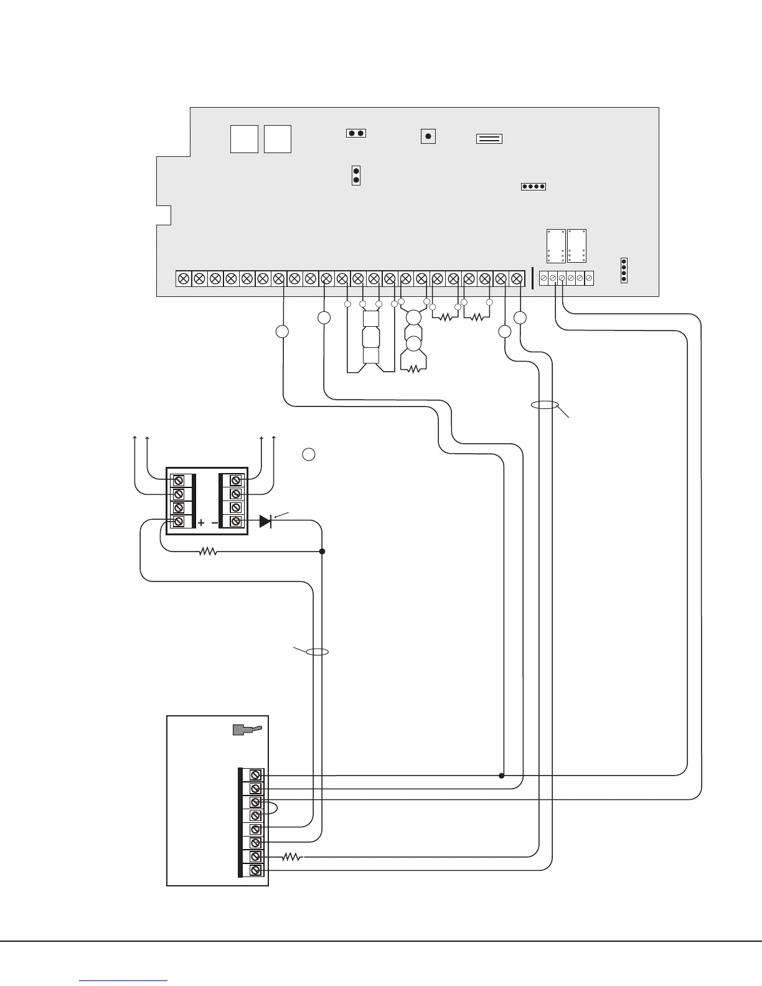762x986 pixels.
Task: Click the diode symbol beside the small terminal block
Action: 265,521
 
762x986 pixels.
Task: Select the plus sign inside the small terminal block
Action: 201,524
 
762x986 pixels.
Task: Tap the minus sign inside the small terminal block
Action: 215,524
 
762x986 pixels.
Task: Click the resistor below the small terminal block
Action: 207,552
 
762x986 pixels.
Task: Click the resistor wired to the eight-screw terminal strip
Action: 291,857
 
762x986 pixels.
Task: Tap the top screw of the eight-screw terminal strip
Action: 255,775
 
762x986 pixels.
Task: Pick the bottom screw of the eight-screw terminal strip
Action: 255,871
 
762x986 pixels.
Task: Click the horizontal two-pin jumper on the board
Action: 356,133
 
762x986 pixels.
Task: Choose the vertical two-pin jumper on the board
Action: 356,176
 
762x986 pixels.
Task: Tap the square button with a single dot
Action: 428,136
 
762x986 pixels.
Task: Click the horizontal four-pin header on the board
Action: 533,186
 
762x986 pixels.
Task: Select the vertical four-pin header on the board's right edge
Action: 624,270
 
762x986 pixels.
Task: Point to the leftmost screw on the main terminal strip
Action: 184,278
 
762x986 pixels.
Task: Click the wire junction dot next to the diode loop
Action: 322,552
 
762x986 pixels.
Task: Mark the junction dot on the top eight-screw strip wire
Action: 501,776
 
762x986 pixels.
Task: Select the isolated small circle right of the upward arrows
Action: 308,454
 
